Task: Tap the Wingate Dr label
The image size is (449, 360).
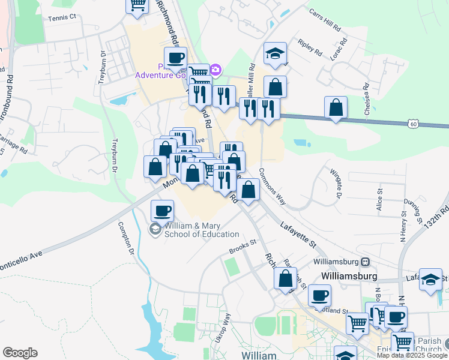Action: point(335,182)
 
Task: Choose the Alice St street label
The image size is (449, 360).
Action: point(379,199)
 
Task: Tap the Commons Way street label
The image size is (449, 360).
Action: point(272,188)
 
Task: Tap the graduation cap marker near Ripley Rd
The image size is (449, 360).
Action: point(275,53)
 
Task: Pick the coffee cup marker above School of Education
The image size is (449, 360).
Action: point(162,211)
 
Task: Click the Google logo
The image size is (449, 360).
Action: point(20,353)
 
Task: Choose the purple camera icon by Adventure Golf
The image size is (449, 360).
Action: point(215,71)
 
